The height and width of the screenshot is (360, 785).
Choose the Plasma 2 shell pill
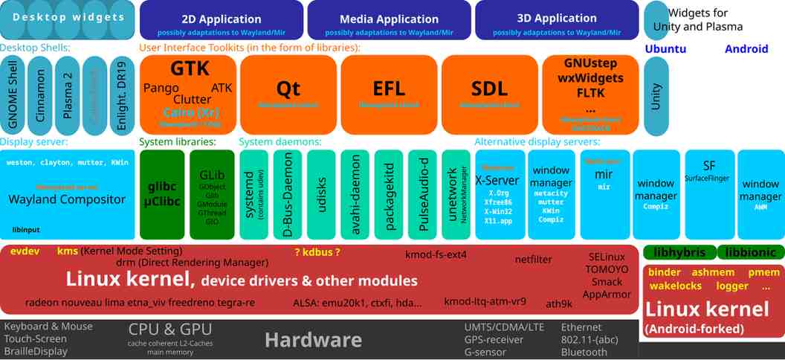pos(67,95)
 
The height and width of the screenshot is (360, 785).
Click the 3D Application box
pos(556,19)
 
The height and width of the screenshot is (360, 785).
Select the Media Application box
pos(389,19)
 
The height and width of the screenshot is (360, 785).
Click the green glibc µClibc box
pos(161,194)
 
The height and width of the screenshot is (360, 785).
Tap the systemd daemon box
pos(253,194)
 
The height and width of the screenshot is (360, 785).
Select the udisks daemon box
pos(321,194)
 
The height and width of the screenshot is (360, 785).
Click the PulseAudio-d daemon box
pos(422,194)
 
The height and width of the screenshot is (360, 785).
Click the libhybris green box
pos(679,253)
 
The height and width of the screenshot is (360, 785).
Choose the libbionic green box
pos(751,253)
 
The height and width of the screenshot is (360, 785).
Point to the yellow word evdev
pos(25,251)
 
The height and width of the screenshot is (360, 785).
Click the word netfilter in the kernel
pos(533,260)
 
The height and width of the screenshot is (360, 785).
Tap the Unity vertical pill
pos(656,95)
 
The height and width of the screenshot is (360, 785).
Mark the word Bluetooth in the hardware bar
pos(584,352)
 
